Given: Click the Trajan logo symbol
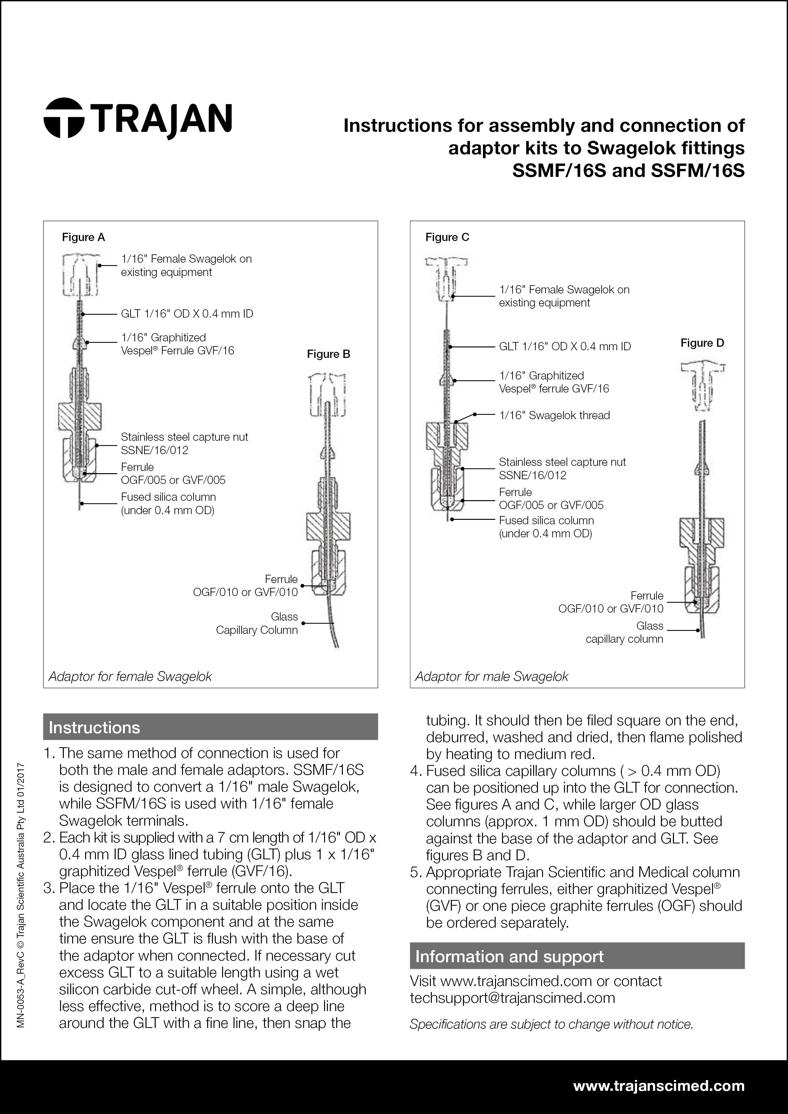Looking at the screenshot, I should (x=64, y=118).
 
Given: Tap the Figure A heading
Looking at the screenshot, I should (x=84, y=237).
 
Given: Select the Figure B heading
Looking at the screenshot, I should (x=328, y=354).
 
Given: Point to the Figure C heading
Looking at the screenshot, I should (x=447, y=237).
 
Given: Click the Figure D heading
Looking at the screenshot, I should (x=702, y=343).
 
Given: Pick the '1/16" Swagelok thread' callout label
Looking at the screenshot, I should (x=554, y=415).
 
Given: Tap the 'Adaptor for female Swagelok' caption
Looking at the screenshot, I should (x=130, y=676).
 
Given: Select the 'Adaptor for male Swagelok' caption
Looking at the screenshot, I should (x=491, y=676).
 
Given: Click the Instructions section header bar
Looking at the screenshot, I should (x=210, y=727).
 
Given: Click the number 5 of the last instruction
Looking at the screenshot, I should (x=415, y=872).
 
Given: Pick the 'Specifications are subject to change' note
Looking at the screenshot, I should (x=551, y=1024).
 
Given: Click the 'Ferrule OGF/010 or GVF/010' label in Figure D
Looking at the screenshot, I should (x=611, y=602).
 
